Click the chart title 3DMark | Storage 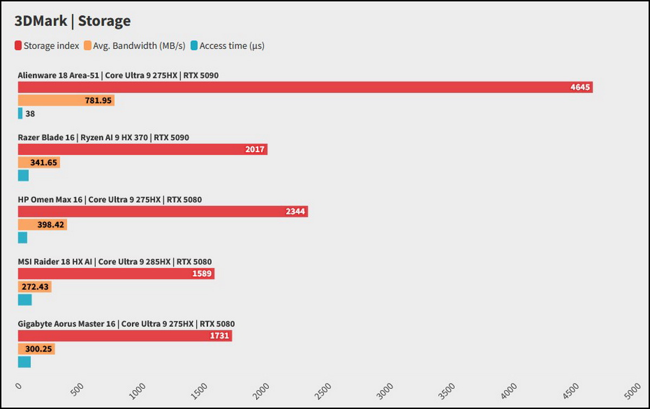coord(73,21)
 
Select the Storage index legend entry coord(47,46)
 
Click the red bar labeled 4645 coord(305,87)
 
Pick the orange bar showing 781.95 coord(66,100)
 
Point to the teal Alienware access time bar coord(20,113)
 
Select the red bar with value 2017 coord(142,149)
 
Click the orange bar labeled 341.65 coord(39,162)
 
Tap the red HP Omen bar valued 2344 coord(162,211)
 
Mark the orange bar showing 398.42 coord(42,224)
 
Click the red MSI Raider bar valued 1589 coord(116,274)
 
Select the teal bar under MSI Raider coord(25,300)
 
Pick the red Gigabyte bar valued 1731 coord(125,336)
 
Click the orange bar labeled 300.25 coord(36,349)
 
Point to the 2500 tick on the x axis coord(323,389)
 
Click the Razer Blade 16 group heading coord(103,138)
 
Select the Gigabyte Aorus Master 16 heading coord(126,324)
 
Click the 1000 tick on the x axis coord(139,389)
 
